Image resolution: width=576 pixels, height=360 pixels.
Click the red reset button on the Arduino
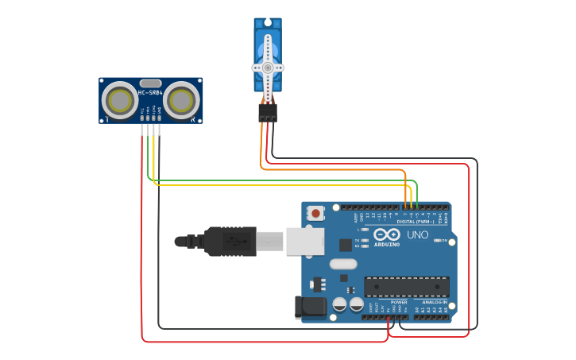[316, 213]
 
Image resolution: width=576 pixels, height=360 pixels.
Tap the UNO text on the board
[418, 235]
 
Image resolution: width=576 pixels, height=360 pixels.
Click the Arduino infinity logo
[388, 234]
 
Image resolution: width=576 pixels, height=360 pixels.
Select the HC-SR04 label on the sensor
[150, 93]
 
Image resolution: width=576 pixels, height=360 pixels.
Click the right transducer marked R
[182, 99]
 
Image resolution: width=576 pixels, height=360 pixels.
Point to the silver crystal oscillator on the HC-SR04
[150, 83]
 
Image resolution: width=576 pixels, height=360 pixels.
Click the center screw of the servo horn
[268, 68]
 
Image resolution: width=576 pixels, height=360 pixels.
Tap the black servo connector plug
[268, 113]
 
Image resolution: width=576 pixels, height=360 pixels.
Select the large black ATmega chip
[406, 286]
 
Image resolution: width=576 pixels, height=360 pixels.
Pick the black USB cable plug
[230, 241]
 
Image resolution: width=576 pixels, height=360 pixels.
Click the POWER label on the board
[399, 302]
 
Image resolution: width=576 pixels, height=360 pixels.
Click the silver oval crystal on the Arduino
[343, 264]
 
